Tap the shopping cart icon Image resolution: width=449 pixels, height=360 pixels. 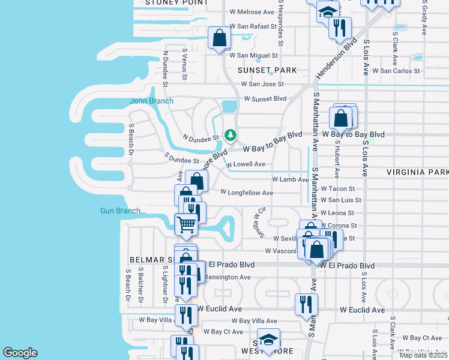[186, 224]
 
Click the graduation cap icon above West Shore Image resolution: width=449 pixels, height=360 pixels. [268, 338]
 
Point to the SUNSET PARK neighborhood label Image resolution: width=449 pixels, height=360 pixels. [267, 70]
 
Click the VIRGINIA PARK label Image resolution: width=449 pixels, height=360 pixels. [417, 172]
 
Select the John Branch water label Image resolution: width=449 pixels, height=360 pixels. [152, 101]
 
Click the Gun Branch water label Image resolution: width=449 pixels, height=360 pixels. [120, 211]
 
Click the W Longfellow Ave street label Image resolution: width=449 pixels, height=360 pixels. [246, 193]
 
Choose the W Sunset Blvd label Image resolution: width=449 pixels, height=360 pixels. [265, 98]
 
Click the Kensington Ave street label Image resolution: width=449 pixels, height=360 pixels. [228, 277]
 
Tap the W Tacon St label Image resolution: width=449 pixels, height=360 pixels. [338, 188]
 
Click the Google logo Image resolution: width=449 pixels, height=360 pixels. [20, 353]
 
